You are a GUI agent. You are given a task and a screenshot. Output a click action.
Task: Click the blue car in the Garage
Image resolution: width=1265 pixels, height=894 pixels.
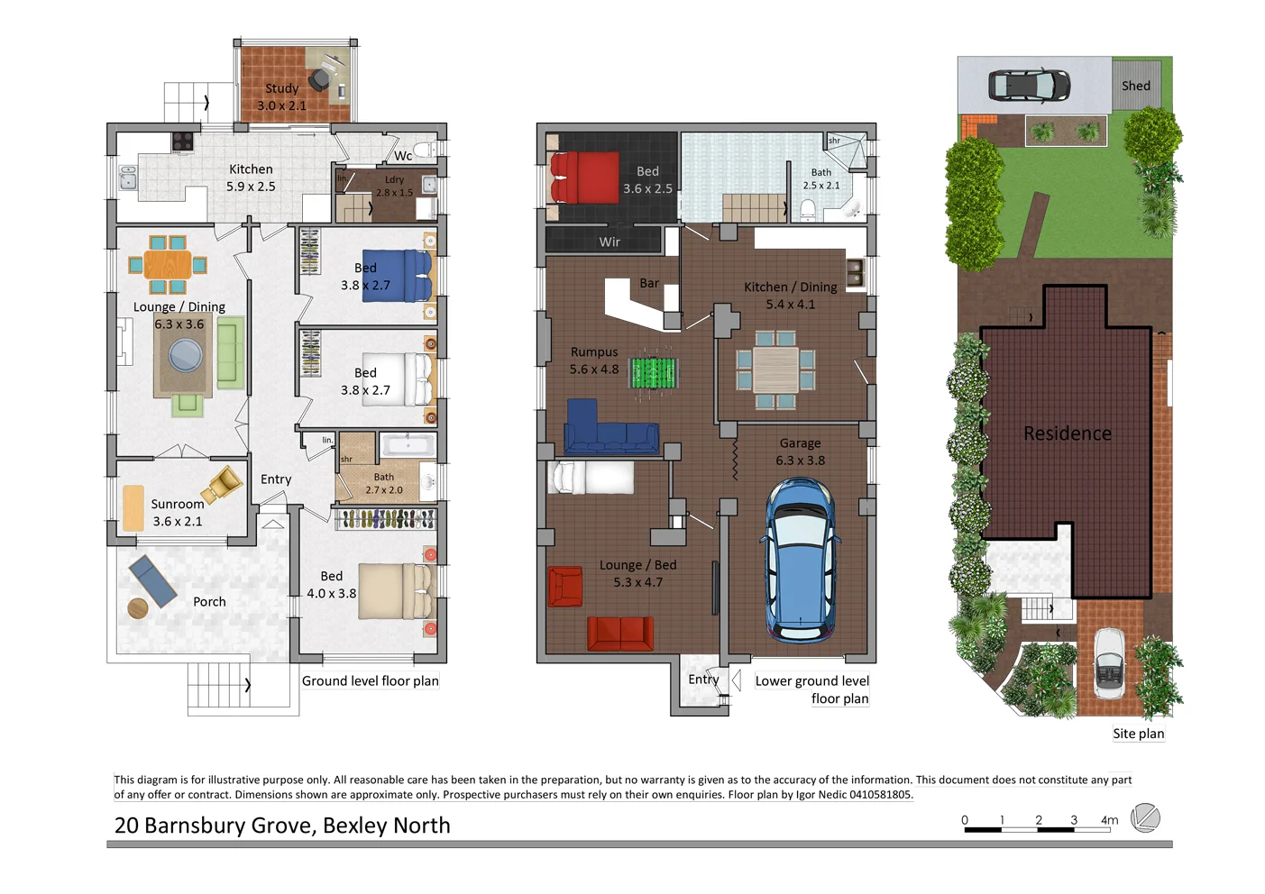tap(800, 559)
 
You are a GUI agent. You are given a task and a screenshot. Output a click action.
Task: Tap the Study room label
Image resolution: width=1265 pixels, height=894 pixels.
tap(281, 88)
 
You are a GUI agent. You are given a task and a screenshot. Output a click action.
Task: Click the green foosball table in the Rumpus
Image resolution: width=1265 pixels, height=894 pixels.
tap(654, 371)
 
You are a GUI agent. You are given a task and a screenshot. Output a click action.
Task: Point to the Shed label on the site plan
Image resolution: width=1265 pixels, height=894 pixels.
tap(1135, 86)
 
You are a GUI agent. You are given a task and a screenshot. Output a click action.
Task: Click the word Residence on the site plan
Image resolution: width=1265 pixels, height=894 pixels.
tap(1067, 433)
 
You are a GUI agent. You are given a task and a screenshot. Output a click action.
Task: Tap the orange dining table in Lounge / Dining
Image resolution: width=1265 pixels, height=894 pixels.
tap(167, 265)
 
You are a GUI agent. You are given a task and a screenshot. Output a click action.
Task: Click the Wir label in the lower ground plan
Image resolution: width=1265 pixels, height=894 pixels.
tap(610, 242)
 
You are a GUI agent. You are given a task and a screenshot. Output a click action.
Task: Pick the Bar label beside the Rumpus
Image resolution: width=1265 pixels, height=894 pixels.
tap(649, 283)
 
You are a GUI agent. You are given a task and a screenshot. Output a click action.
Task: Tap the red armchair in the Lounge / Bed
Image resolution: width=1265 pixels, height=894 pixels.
tap(565, 586)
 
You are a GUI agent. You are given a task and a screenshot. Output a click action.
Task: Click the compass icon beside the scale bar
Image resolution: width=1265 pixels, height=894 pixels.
tap(1144, 818)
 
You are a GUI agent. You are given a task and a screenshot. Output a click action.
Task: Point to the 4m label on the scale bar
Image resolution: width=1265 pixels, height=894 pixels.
tap(1109, 820)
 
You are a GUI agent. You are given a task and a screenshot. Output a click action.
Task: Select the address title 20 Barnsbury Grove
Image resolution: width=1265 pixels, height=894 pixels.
tap(282, 826)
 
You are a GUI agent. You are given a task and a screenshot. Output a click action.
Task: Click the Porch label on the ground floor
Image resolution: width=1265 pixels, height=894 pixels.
tap(209, 601)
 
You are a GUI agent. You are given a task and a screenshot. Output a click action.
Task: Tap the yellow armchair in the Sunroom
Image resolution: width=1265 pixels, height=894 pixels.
tap(223, 484)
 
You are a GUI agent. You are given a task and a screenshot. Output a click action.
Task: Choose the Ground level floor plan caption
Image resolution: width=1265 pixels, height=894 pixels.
tap(370, 681)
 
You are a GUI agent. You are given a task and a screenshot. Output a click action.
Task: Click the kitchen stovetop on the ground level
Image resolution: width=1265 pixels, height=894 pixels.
tap(183, 141)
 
